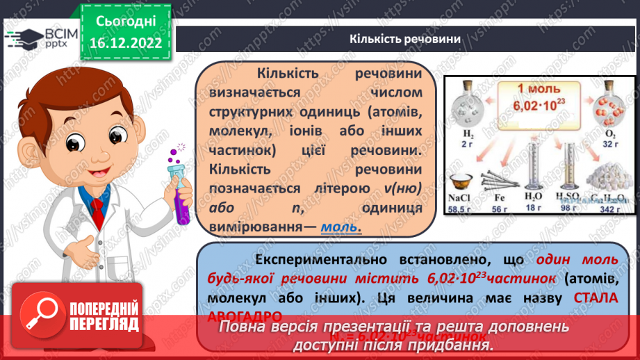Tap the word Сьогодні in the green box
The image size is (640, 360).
pos(125,22)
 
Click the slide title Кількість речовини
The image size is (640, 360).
pos(406,39)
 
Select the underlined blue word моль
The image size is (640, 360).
pos(340,227)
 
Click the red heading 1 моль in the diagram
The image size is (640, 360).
pos(538,89)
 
